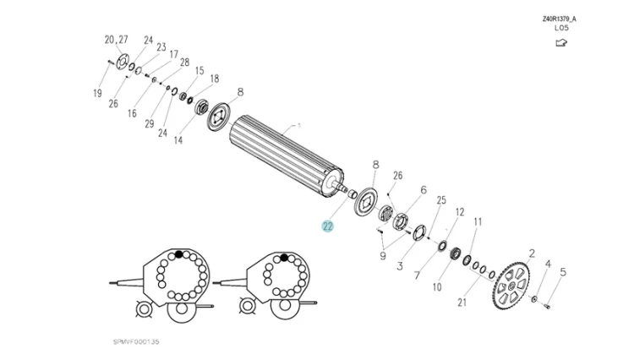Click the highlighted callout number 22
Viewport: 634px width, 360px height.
[x=327, y=226]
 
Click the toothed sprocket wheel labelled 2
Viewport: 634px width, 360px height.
[x=511, y=286]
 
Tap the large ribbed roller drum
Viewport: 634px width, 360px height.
[x=287, y=156]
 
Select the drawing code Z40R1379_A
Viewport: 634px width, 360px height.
[x=560, y=19]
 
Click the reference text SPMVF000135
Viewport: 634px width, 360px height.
[x=136, y=341]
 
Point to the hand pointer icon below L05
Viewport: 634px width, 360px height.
[x=561, y=42]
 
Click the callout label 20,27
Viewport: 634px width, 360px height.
[x=116, y=40]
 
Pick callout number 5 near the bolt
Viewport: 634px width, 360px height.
[x=563, y=272]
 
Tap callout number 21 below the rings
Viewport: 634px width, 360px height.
[x=462, y=303]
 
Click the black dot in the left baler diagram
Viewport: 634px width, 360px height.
[x=178, y=254]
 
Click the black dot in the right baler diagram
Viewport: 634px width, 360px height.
[x=284, y=258]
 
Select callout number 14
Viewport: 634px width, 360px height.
[x=178, y=140]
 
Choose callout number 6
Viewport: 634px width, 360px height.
[x=424, y=189]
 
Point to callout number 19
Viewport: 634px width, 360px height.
[x=97, y=93]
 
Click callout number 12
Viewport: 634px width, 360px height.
[x=460, y=212]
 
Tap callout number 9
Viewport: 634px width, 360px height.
[x=382, y=256]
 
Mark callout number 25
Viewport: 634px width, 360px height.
[x=441, y=200]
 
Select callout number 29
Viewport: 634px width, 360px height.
[x=150, y=123]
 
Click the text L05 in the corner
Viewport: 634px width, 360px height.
[x=561, y=28]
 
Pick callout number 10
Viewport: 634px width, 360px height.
[x=437, y=286]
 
